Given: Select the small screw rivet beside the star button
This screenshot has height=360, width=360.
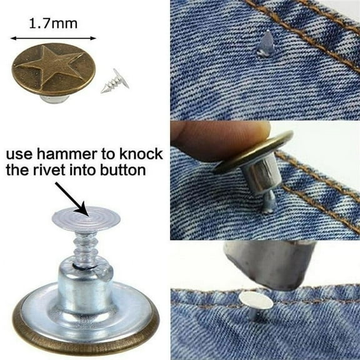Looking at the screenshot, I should pos(112,82).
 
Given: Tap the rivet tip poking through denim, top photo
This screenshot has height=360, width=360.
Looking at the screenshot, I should pos(266,43).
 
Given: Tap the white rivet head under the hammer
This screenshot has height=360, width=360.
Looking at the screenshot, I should pos(257,302).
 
